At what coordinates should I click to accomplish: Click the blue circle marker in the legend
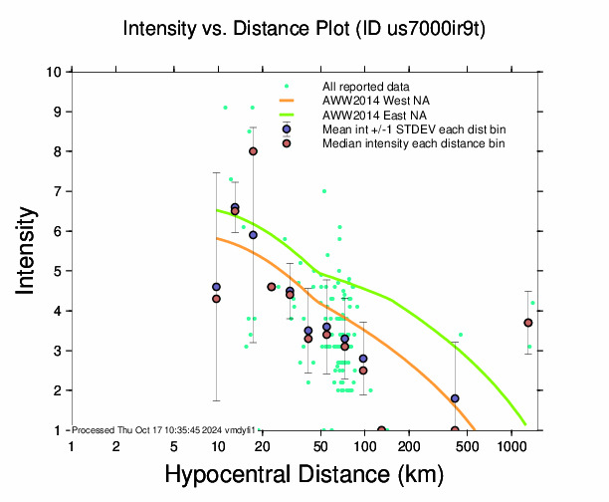point(287,128)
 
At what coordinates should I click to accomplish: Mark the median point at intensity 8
point(254,151)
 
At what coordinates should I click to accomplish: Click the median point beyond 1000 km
point(528,323)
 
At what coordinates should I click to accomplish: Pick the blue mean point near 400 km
point(455,398)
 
